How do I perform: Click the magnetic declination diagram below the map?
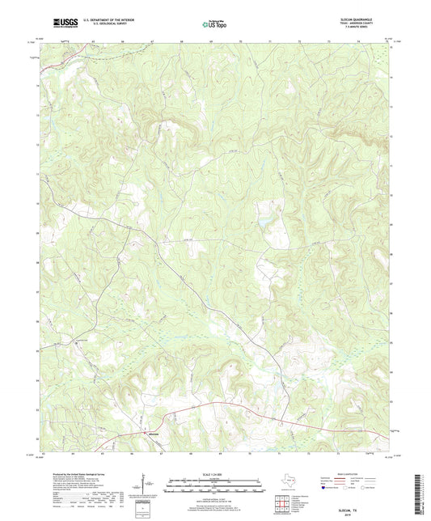tap(146, 485)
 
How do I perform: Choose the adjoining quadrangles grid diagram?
tap(284, 503)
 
